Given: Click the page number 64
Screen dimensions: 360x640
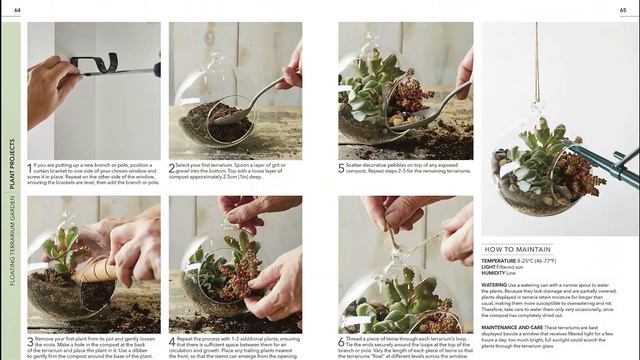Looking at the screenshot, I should click(x=17, y=10).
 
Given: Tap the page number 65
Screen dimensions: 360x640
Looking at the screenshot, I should click(x=625, y=10).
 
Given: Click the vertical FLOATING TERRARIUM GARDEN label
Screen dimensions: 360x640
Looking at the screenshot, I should click(x=12, y=241).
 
